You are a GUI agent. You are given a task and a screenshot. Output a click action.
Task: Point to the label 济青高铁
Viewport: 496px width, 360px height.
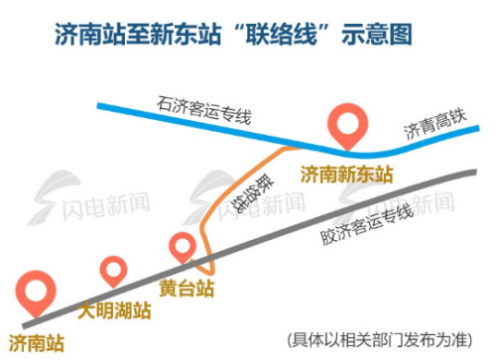click(x=431, y=128)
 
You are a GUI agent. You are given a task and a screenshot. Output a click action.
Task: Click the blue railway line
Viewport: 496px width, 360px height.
click(x=149, y=111)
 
